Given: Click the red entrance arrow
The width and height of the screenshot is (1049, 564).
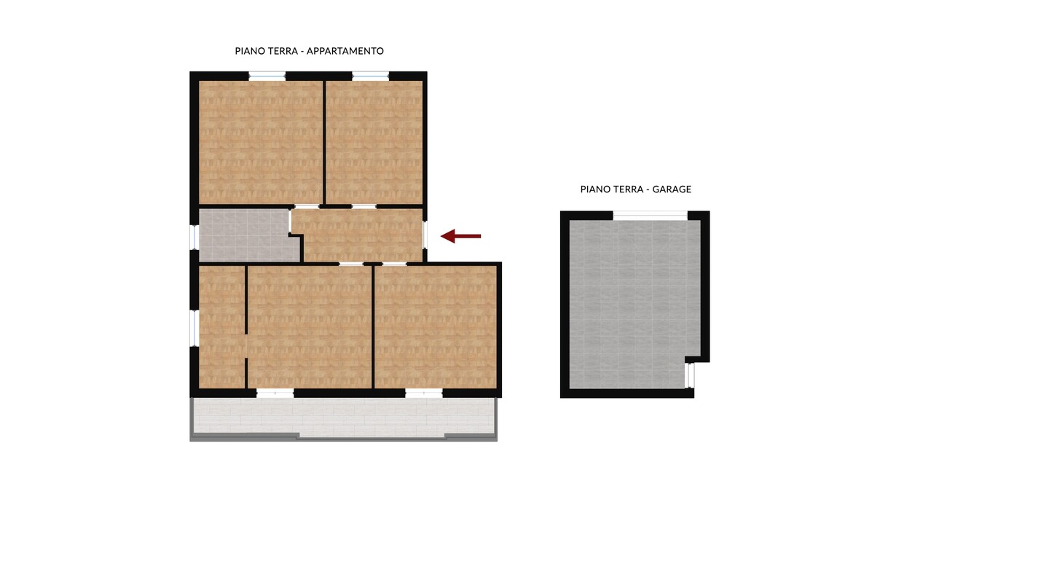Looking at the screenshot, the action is pyautogui.click(x=461, y=236).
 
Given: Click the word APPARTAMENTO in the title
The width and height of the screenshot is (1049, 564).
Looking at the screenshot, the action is pyautogui.click(x=345, y=51).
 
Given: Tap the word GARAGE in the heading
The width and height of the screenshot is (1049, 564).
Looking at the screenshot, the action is pyautogui.click(x=672, y=189).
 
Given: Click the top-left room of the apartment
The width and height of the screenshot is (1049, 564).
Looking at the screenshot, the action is pyautogui.click(x=261, y=142).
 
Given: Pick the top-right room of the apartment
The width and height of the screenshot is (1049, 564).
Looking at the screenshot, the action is pyautogui.click(x=374, y=142).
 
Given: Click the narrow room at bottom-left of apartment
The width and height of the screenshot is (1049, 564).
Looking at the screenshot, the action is pyautogui.click(x=221, y=327).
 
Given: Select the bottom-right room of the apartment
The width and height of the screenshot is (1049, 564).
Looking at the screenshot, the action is pyautogui.click(x=436, y=327).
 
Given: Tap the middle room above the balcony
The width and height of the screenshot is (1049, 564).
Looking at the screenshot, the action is pyautogui.click(x=309, y=327).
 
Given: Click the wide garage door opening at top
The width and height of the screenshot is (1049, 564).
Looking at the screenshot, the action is pyautogui.click(x=651, y=216).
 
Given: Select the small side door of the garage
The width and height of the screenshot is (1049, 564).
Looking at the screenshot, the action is pyautogui.click(x=690, y=376).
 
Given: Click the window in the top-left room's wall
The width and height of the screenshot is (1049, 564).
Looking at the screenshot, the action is pyautogui.click(x=267, y=76).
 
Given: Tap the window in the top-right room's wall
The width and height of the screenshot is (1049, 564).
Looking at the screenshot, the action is pyautogui.click(x=370, y=76).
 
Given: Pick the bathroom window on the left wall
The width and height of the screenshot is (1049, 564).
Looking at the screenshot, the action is pyautogui.click(x=194, y=237).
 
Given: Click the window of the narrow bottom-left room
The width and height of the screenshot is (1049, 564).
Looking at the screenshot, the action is pyautogui.click(x=194, y=328).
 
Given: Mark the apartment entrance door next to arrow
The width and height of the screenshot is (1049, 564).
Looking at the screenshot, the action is pyautogui.click(x=425, y=235).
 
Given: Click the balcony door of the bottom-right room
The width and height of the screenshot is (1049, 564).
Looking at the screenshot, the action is pyautogui.click(x=424, y=393).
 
